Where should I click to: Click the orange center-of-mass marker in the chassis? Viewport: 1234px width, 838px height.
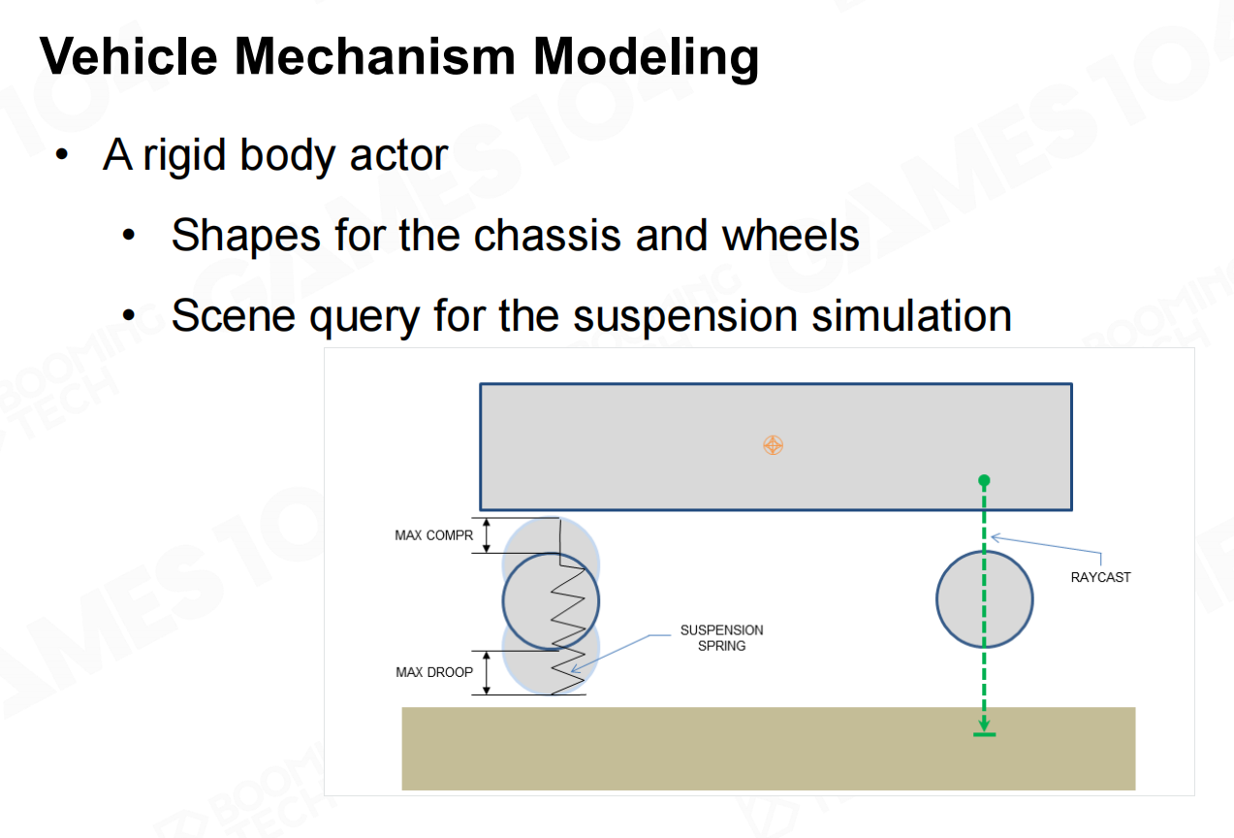[773, 445]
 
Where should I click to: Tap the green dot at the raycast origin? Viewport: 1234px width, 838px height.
[984, 480]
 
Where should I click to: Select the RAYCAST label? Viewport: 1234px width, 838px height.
[1100, 577]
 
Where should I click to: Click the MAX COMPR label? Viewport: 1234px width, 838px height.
[434, 535]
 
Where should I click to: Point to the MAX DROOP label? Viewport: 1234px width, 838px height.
[434, 672]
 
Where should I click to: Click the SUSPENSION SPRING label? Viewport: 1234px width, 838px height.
[721, 637]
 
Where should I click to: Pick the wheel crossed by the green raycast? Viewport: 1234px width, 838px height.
[960, 599]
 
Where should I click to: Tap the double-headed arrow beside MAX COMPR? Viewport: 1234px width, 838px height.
[488, 535]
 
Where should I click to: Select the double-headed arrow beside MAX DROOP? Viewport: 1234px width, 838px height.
[488, 672]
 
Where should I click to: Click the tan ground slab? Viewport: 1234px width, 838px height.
[768, 761]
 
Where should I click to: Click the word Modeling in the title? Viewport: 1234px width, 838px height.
[646, 57]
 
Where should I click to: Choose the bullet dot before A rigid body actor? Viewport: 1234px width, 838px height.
[63, 156]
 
